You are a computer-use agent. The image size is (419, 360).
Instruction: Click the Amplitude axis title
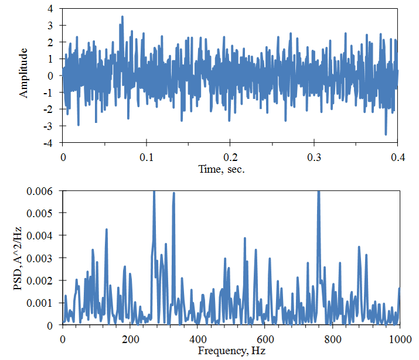tap(23, 73)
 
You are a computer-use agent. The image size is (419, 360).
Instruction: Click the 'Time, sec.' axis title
tap(222, 169)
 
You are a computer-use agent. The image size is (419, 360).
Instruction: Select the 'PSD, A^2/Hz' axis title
tap(18, 258)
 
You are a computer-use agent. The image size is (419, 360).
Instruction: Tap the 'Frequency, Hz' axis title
tap(231, 351)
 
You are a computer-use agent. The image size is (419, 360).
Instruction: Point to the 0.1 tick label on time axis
tap(147, 157)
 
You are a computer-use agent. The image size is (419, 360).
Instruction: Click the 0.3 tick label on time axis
tap(314, 157)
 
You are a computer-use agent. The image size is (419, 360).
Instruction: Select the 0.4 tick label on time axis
tap(398, 157)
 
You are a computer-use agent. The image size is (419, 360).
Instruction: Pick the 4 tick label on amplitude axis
tap(50, 9)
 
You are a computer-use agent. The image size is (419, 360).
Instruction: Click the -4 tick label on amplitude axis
tap(49, 143)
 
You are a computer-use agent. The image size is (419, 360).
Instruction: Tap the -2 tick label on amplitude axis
tap(49, 109)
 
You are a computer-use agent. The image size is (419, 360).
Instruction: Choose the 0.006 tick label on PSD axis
tap(39, 191)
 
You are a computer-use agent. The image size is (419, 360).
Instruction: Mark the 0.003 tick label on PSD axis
tap(39, 258)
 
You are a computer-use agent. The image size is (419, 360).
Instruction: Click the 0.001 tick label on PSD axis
tap(39, 303)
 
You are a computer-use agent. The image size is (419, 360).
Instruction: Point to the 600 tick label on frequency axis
tap(265, 340)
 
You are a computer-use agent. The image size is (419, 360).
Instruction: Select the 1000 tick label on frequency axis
tap(400, 340)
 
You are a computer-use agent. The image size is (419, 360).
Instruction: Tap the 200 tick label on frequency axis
tap(130, 340)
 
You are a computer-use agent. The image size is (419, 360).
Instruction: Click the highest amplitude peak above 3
tap(122, 16)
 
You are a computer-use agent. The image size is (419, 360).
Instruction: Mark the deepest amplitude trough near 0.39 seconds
tap(386, 134)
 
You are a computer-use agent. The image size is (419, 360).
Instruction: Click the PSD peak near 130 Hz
tap(106, 229)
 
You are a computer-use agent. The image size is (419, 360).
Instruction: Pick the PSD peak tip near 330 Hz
tap(174, 193)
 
